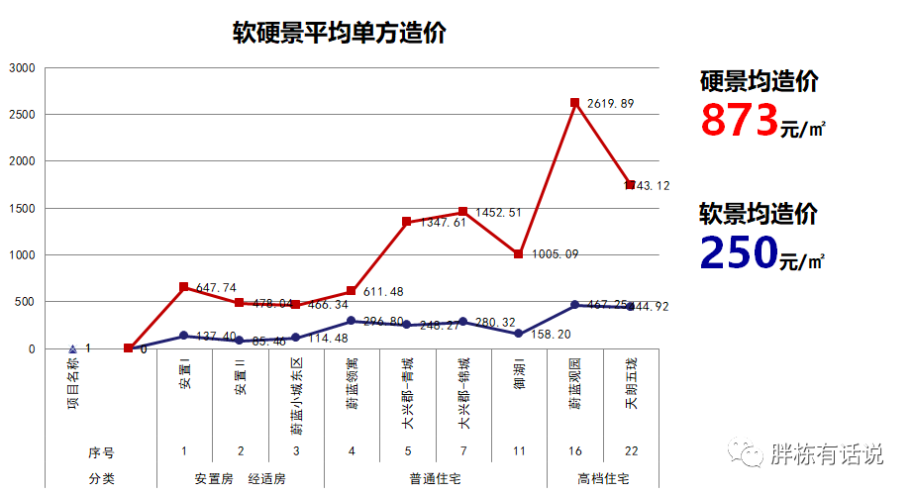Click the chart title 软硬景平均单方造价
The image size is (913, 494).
pyautogui.click(x=339, y=34)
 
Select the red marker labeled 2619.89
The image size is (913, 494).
pyautogui.click(x=575, y=103)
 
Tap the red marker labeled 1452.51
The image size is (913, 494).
pyautogui.click(x=462, y=212)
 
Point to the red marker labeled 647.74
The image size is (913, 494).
pyautogui.click(x=184, y=287)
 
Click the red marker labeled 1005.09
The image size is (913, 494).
pyautogui.click(x=519, y=254)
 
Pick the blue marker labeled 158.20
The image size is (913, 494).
pyautogui.click(x=519, y=334)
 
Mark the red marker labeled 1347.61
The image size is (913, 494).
pyautogui.click(x=407, y=222)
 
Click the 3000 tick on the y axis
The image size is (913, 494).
pyautogui.click(x=22, y=68)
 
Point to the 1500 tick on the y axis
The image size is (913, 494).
pyautogui.click(x=22, y=209)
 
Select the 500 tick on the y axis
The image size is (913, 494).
pyautogui.click(x=25, y=302)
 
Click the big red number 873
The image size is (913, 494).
pyautogui.click(x=739, y=121)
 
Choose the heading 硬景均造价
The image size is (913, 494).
pyautogui.click(x=759, y=82)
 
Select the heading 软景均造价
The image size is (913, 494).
pyautogui.click(x=759, y=214)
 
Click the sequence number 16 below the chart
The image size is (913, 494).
pyautogui.click(x=575, y=451)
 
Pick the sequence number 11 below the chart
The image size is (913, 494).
pyautogui.click(x=519, y=451)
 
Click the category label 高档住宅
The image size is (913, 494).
pyautogui.click(x=603, y=478)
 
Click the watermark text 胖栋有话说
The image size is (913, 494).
pyautogui.click(x=826, y=454)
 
